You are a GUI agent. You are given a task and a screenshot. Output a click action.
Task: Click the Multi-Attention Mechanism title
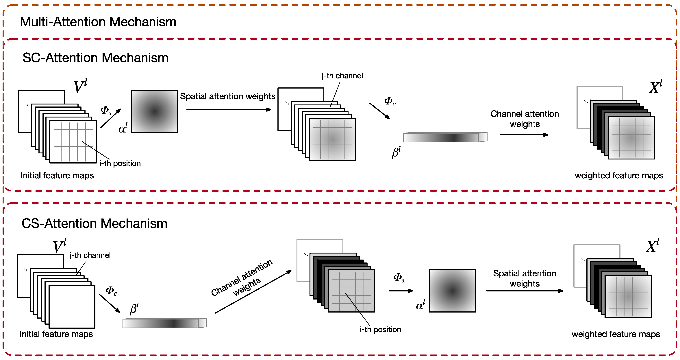point(98,22)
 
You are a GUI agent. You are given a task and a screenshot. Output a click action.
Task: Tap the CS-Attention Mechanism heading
point(94,223)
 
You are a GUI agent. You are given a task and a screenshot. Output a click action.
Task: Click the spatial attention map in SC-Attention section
point(154,111)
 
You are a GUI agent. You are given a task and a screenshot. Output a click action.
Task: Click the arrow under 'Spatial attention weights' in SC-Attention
point(228,109)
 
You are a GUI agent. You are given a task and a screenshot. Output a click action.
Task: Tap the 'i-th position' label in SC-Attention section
point(120,163)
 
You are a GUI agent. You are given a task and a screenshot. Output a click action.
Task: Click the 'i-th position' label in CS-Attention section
point(380,329)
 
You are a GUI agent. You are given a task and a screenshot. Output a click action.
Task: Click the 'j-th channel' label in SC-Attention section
point(342,76)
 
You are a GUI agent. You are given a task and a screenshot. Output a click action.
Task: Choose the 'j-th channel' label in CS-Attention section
point(90,255)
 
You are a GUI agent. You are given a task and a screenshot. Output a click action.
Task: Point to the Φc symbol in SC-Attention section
point(390,101)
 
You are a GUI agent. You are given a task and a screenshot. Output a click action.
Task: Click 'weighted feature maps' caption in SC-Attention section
point(618,175)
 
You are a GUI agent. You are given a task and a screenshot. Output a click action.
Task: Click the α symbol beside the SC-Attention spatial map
point(123,128)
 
